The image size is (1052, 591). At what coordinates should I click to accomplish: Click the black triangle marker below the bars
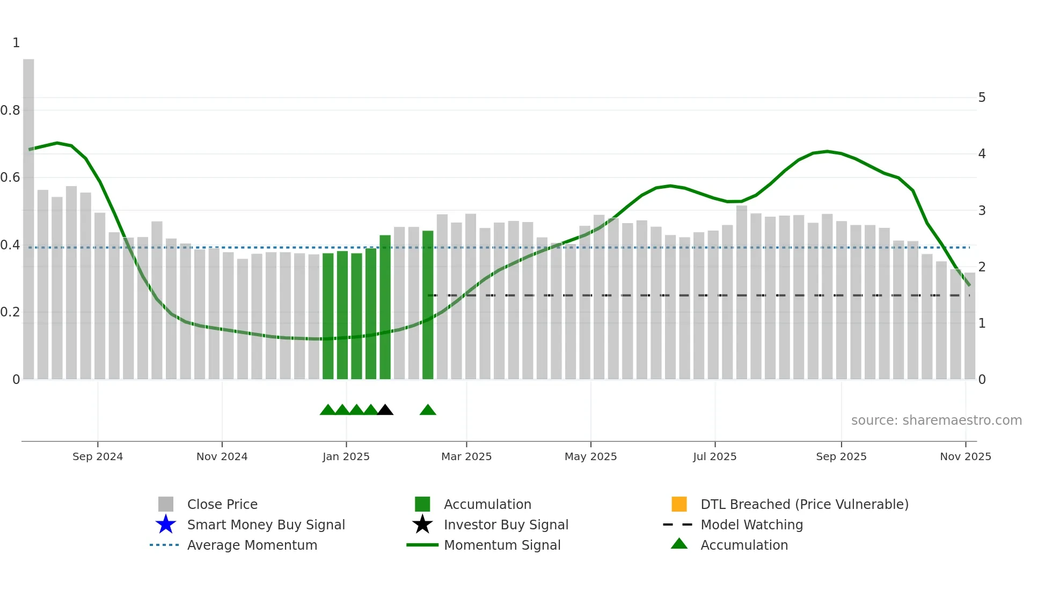(x=385, y=410)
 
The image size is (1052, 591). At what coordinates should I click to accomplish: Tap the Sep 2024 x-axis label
(x=98, y=456)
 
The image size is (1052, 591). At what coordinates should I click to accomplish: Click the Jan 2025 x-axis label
(x=346, y=456)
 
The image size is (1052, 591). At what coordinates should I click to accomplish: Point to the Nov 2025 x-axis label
(x=965, y=456)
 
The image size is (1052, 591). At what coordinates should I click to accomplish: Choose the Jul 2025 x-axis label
(x=714, y=456)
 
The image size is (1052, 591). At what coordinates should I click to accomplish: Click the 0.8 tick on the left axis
(x=10, y=110)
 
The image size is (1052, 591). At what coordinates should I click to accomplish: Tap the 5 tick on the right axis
(x=982, y=98)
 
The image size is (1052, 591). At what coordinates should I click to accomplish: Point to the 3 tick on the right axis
(x=982, y=211)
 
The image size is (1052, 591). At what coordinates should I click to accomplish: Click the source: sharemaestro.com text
(x=936, y=420)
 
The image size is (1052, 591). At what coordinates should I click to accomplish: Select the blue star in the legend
(x=166, y=524)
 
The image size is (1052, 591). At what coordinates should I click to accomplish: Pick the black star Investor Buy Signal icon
(x=422, y=524)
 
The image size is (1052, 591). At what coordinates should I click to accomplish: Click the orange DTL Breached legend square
(x=679, y=504)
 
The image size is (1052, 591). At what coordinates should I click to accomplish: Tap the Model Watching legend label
(x=751, y=524)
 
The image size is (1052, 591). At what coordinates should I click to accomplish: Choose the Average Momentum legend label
(x=252, y=545)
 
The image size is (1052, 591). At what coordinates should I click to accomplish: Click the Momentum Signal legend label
(x=502, y=545)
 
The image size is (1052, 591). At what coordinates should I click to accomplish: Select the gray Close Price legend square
(x=166, y=504)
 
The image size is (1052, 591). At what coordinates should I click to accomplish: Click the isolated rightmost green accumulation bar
(x=428, y=306)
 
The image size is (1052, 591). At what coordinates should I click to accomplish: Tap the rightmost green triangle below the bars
(x=428, y=410)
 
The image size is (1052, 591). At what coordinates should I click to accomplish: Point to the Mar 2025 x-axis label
(x=466, y=456)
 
